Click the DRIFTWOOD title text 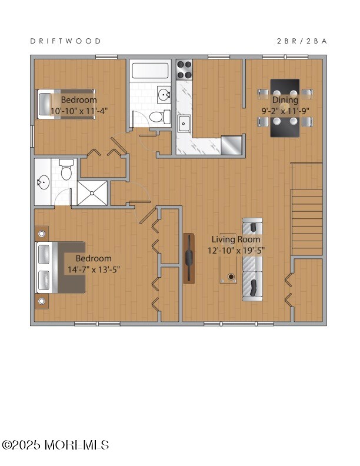click(65, 41)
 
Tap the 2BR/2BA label click(302, 41)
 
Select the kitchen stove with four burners click(185, 70)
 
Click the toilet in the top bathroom click(156, 117)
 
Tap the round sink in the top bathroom click(164, 94)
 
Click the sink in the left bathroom click(43, 182)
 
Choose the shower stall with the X click(92, 192)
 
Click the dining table click(285, 108)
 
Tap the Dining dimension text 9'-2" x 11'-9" click(285, 110)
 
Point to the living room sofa click(253, 259)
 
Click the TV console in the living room click(189, 258)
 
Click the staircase click(307, 209)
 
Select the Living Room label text click(232, 239)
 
